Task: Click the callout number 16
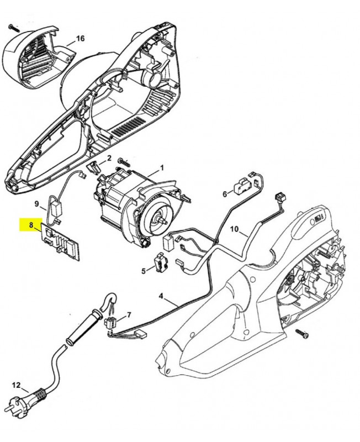tap(81, 38)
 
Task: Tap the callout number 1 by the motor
tap(162, 167)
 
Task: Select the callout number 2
tap(109, 158)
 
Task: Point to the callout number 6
tap(225, 194)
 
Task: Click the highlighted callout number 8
tap(31, 225)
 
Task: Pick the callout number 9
tap(36, 203)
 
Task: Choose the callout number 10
tap(234, 229)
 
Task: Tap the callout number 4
tap(161, 296)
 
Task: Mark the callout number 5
tap(144, 271)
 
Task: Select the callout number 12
tap(16, 385)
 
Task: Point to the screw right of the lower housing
tap(302, 334)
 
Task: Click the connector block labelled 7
tap(113, 322)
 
